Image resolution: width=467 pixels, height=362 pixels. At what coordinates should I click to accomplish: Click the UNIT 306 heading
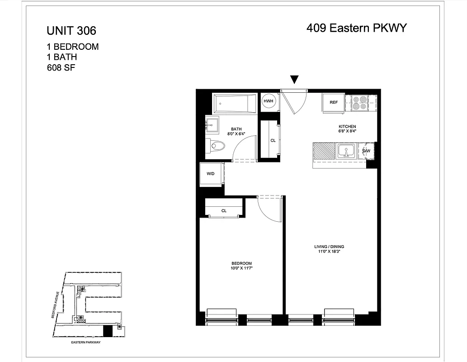pyautogui.click(x=71, y=31)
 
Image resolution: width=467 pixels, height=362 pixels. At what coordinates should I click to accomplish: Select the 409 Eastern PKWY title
pyautogui.click(x=357, y=28)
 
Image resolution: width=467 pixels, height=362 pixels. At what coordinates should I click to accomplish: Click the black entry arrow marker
pyautogui.click(x=294, y=80)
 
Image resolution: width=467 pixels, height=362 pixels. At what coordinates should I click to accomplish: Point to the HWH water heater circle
pyautogui.click(x=268, y=101)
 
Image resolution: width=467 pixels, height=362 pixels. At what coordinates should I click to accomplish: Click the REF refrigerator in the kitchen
pyautogui.click(x=334, y=102)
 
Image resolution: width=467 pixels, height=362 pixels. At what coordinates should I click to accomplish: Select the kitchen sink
pyautogui.click(x=346, y=151)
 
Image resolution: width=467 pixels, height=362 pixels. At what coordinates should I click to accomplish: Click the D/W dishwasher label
pyautogui.click(x=366, y=151)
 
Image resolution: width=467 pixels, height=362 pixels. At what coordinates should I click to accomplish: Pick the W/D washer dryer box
pyautogui.click(x=211, y=174)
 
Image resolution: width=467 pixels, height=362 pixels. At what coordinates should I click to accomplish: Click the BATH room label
pyautogui.click(x=236, y=129)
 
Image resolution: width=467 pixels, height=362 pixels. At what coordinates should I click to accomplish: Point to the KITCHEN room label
pyautogui.click(x=347, y=126)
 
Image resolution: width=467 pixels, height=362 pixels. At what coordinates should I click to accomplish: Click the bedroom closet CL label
pyautogui.click(x=224, y=211)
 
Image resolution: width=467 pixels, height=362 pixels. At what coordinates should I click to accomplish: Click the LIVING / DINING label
pyautogui.click(x=329, y=247)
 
